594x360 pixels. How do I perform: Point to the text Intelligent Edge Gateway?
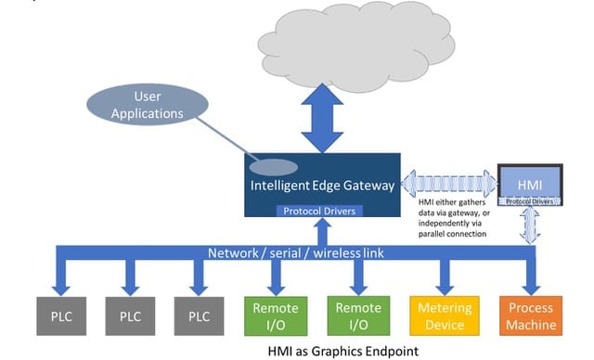tap(322, 186)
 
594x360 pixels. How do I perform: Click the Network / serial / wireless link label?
tap(295, 253)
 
